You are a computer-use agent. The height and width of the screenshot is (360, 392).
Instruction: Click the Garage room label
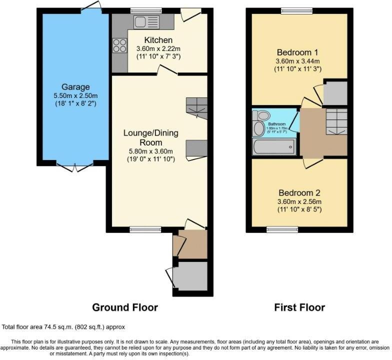click(x=75, y=87)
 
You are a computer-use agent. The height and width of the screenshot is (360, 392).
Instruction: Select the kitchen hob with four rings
click(x=119, y=45)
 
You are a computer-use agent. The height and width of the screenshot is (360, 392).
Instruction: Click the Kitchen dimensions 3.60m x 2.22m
click(x=158, y=48)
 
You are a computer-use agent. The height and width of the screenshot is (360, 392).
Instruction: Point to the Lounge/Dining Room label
click(x=151, y=137)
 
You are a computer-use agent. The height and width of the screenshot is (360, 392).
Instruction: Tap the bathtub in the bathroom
click(x=274, y=146)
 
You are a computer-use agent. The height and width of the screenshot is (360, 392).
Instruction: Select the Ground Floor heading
click(x=124, y=307)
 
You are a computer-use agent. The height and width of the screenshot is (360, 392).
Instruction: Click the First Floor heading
click(x=299, y=307)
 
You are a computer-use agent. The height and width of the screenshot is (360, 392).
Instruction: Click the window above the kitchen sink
click(x=146, y=10)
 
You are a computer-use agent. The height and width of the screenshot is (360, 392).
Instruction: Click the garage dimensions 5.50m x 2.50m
click(x=75, y=96)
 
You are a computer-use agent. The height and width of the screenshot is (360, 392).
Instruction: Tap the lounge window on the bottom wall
click(x=145, y=229)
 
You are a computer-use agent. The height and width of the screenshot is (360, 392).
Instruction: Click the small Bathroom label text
click(x=276, y=123)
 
